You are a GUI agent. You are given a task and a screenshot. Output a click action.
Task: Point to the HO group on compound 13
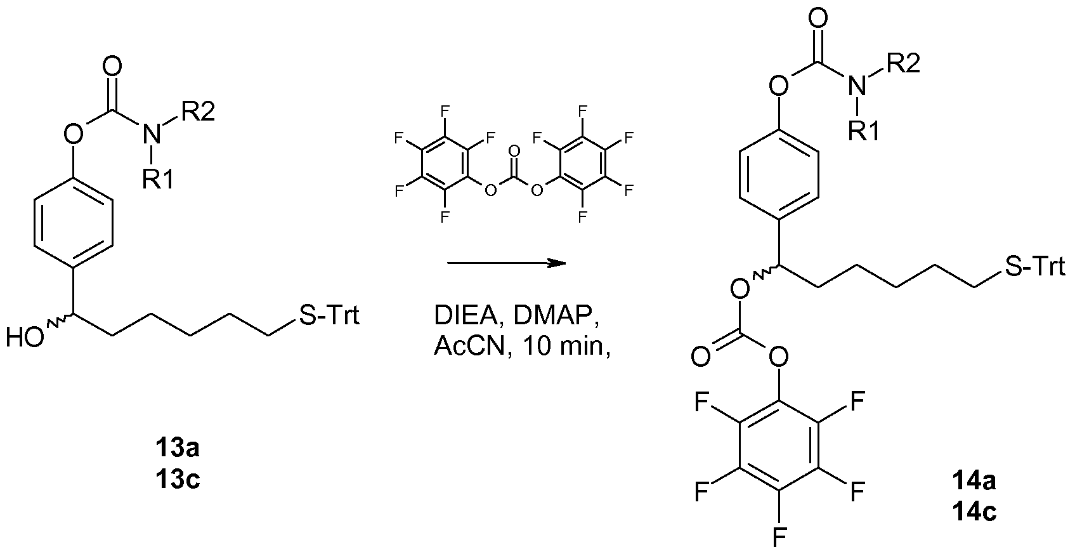tap(25, 337)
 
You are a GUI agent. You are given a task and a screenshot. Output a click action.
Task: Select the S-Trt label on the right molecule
tap(1034, 267)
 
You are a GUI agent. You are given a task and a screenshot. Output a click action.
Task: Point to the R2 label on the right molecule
tap(901, 63)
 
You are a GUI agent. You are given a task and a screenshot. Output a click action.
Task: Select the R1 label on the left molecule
tap(156, 180)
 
